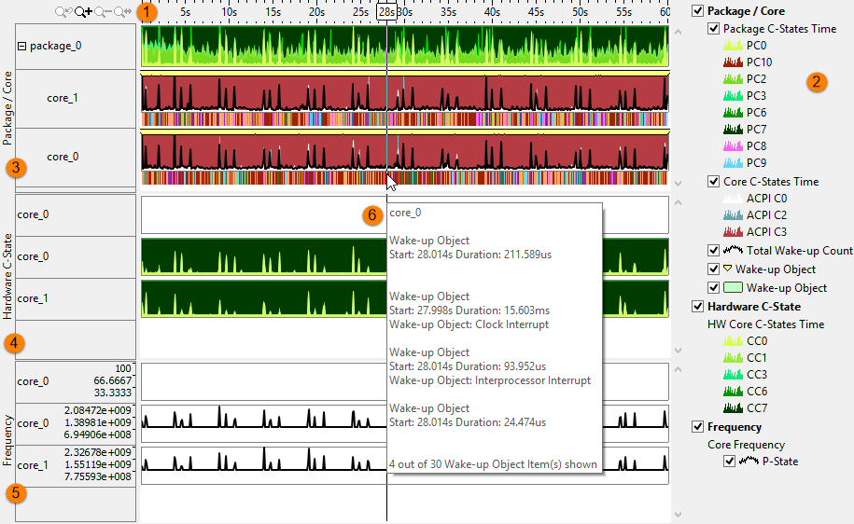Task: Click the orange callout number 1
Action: [147, 12]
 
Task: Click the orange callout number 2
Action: [816, 81]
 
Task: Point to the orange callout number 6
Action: [372, 215]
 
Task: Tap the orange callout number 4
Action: [14, 343]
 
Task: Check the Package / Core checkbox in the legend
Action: [697, 11]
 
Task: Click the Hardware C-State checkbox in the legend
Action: [697, 307]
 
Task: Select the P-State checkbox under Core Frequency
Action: [730, 462]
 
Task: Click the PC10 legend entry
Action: [758, 62]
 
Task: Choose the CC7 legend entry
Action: [756, 407]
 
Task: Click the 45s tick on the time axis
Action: [536, 12]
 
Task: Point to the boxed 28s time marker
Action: [386, 12]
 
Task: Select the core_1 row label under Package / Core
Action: [63, 97]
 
